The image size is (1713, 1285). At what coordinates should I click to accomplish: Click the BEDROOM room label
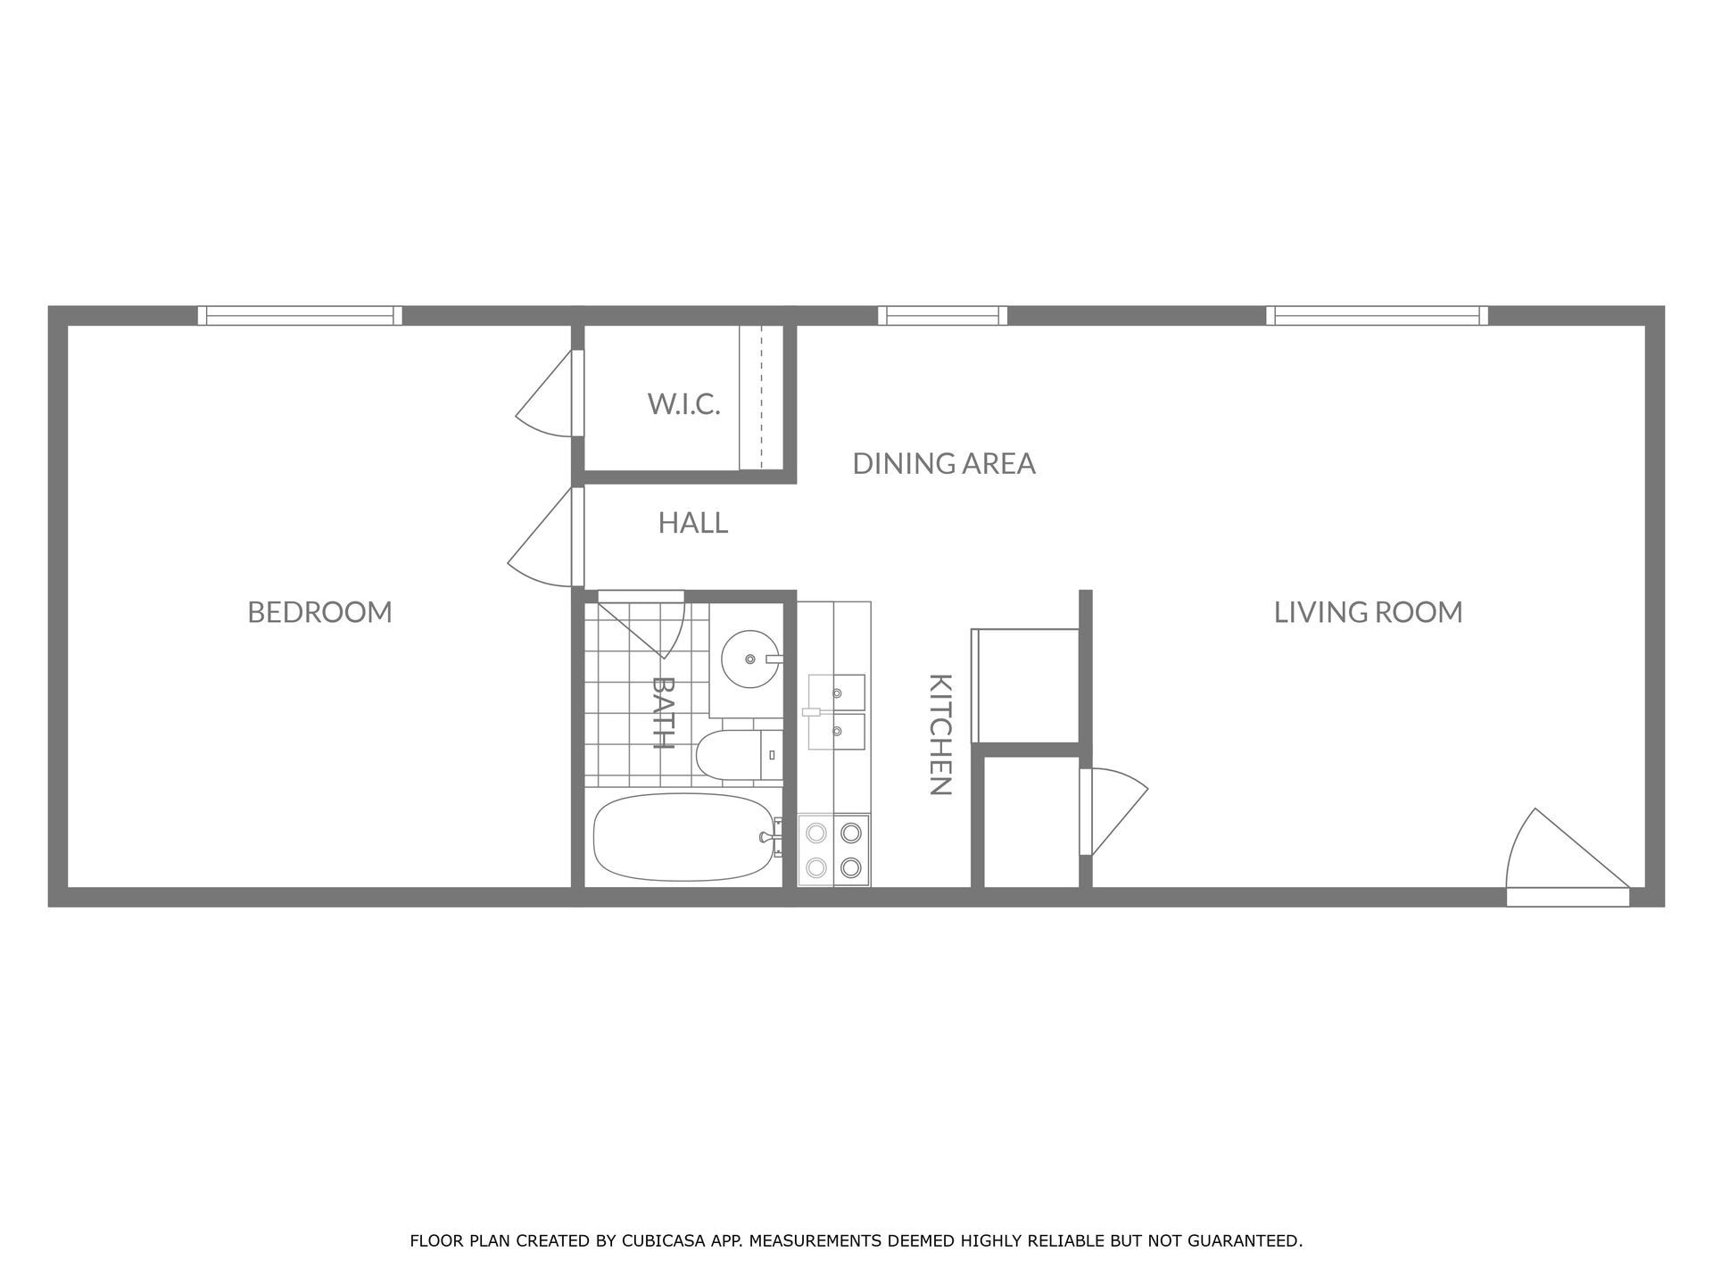coord(319,612)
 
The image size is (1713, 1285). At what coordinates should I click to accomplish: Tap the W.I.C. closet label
coord(683,404)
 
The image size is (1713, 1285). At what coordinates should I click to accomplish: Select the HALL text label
coord(692,523)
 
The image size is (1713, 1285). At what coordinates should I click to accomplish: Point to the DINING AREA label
coord(943,464)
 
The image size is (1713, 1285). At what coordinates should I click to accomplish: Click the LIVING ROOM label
coord(1367,612)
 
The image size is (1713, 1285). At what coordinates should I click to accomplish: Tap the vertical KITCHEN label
coord(940,734)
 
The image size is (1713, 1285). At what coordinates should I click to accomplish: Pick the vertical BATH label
coord(662,712)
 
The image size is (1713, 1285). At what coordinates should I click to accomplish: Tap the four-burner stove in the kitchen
coord(833,850)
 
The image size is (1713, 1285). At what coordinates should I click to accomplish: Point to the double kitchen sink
coord(837,712)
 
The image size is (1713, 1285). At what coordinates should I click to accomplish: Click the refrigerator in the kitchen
coord(1026,685)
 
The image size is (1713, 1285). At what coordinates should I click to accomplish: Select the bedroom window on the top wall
coord(299,315)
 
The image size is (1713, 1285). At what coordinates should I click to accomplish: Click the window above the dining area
coord(942,315)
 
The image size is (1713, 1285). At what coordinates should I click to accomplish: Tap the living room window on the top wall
coord(1377,315)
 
